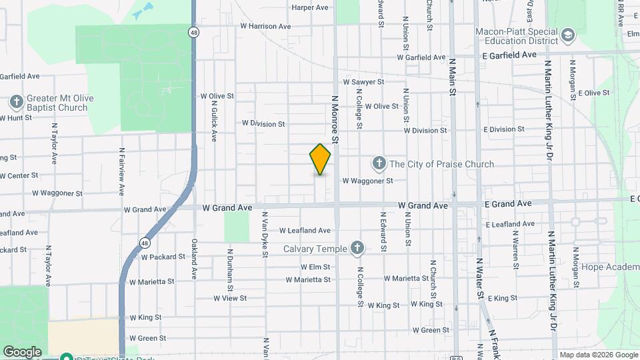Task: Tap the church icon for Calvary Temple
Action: click(x=357, y=249)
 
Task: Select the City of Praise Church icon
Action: click(x=379, y=163)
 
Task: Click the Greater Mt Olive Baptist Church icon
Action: click(x=17, y=102)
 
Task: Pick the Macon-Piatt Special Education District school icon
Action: click(x=568, y=35)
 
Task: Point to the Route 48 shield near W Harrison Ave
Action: click(x=193, y=32)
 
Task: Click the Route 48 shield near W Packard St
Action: click(x=145, y=243)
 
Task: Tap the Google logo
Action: click(x=22, y=351)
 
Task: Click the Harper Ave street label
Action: click(x=310, y=8)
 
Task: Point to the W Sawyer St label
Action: click(x=363, y=82)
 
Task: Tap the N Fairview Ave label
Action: click(x=122, y=171)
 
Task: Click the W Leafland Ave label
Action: click(x=305, y=231)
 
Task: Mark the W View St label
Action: click(x=230, y=298)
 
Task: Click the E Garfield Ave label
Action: click(x=509, y=55)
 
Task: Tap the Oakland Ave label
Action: click(x=195, y=259)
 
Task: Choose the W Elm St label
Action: click(x=315, y=267)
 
